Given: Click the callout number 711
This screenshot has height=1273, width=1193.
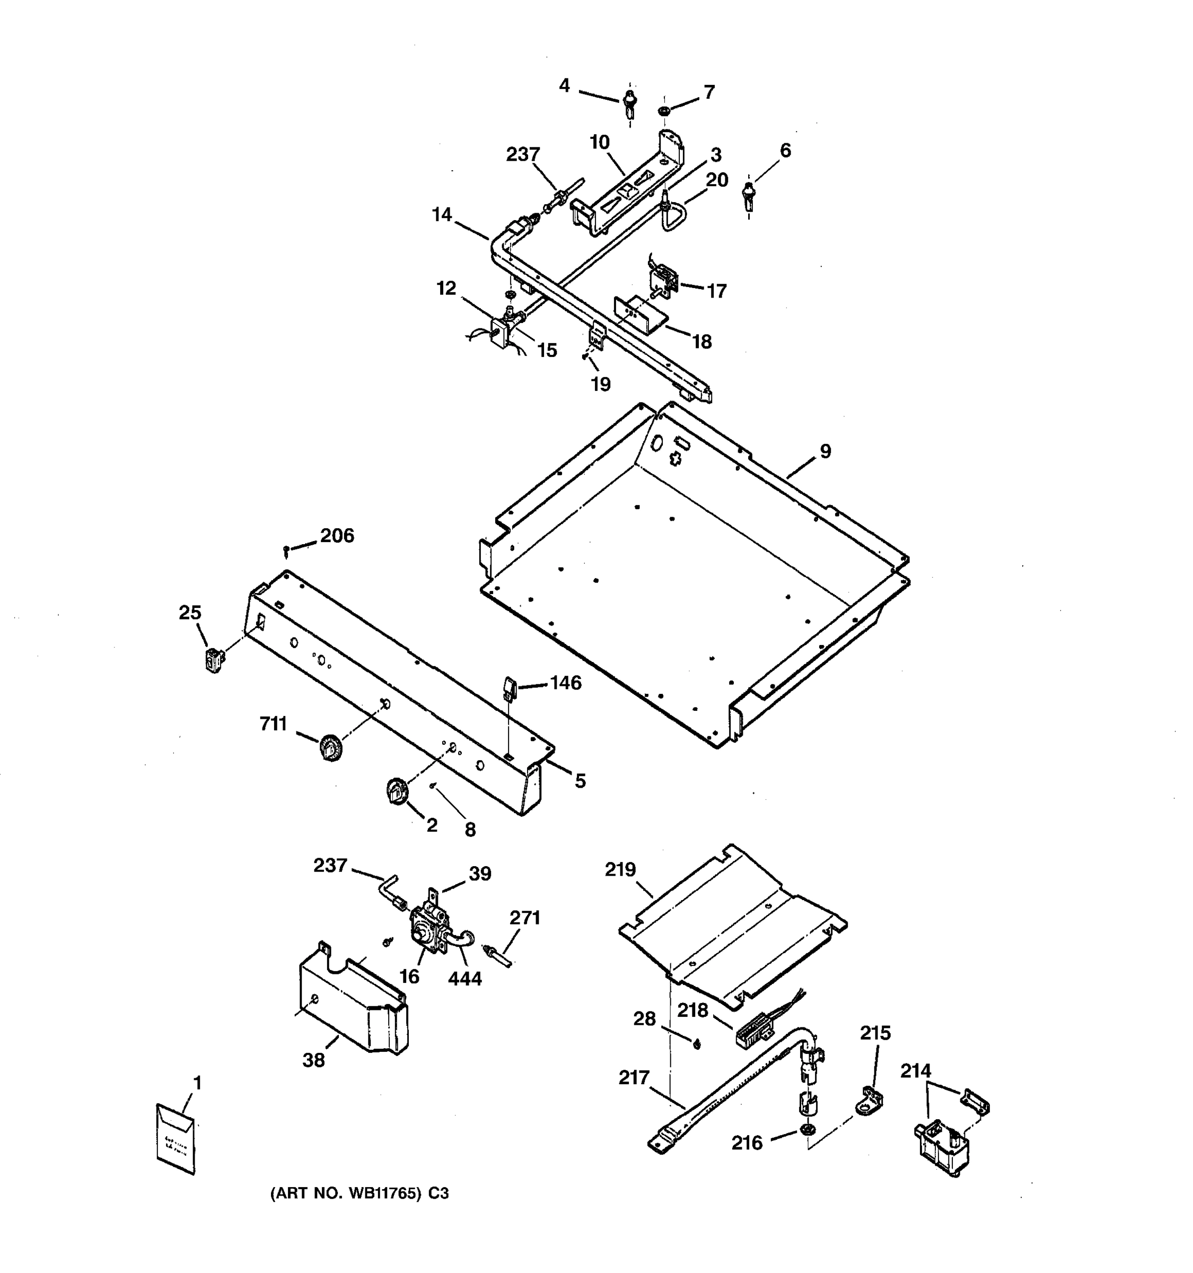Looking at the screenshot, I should [273, 724].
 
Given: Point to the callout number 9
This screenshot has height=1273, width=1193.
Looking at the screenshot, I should [826, 451].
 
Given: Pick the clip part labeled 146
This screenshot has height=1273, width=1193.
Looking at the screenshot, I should [510, 688].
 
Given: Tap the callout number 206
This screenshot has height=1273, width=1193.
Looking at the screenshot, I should [337, 535].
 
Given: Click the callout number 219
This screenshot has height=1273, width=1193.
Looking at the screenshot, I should [620, 869].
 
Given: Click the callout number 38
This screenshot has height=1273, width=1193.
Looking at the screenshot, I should [313, 1060].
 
